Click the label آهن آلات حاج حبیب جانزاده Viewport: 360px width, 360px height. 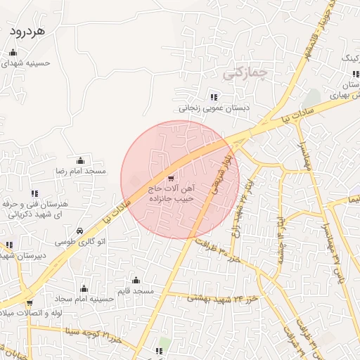tap(174, 194)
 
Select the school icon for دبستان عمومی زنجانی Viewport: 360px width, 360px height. tap(213, 97)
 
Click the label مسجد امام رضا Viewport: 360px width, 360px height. tap(80, 171)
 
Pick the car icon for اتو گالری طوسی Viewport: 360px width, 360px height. tap(80, 231)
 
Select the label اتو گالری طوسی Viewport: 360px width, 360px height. tap(80, 242)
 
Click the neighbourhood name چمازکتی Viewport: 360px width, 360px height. tap(246, 72)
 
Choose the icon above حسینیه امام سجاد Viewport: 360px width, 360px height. tap(84, 288)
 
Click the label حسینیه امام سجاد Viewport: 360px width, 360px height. tap(84, 299)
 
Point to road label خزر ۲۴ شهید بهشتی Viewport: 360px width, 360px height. tap(224, 298)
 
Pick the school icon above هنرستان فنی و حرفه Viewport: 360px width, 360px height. tap(34, 194)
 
